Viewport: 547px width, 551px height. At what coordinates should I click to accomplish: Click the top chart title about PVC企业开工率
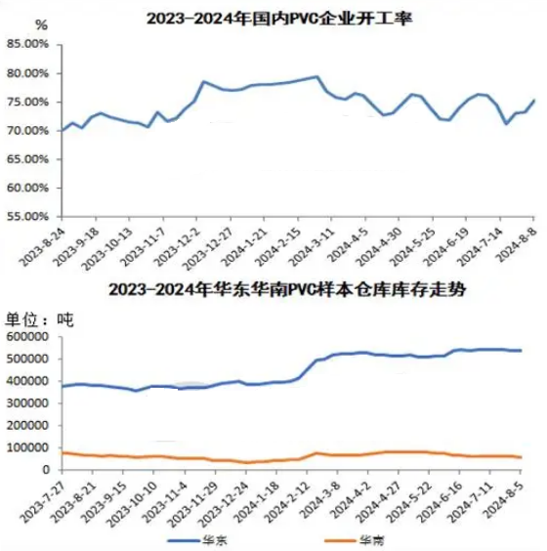point(279,19)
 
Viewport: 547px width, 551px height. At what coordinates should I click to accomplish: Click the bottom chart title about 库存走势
point(287,290)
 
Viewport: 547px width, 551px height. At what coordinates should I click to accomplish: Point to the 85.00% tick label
point(27,45)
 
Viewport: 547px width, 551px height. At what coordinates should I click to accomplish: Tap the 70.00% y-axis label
point(27,131)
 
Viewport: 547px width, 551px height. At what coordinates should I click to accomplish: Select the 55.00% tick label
point(27,216)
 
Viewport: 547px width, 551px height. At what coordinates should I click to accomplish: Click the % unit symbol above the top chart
point(41,25)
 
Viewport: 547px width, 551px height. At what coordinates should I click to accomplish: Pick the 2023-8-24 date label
point(41,245)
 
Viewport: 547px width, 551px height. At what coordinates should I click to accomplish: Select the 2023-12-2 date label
point(177,245)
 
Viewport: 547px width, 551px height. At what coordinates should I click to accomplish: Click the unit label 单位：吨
point(39,319)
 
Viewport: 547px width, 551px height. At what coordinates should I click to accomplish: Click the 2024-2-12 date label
point(288,500)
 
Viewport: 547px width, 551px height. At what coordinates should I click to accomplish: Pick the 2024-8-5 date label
point(504,498)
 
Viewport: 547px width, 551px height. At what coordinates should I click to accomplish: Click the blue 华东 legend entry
point(197,540)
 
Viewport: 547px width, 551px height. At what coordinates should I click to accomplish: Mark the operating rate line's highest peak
point(317,76)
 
